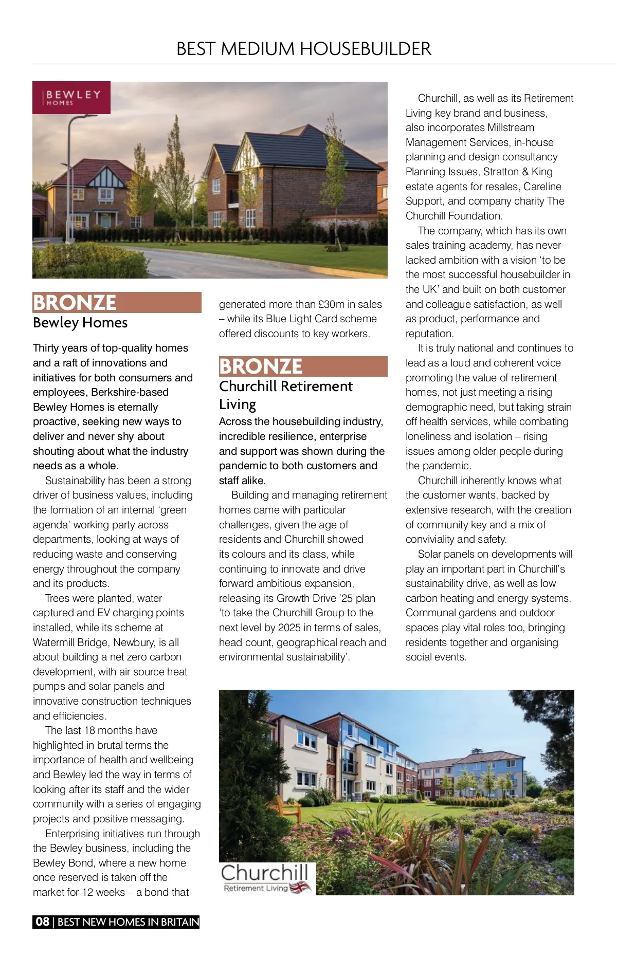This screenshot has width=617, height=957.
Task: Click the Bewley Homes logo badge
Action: pos(71,98)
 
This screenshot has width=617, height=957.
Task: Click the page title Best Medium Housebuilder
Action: pos(303,49)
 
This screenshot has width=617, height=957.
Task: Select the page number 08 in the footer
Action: pos(43,922)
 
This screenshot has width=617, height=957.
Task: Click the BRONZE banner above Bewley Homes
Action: pos(117,303)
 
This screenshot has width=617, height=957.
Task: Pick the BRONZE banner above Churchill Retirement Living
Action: pos(303,366)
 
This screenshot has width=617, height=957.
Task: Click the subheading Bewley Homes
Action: pos(80,323)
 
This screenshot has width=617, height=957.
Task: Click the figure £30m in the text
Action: pos(332,304)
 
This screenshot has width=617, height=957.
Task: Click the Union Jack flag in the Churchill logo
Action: pos(301,888)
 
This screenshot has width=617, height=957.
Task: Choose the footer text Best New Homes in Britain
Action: pos(128,922)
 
